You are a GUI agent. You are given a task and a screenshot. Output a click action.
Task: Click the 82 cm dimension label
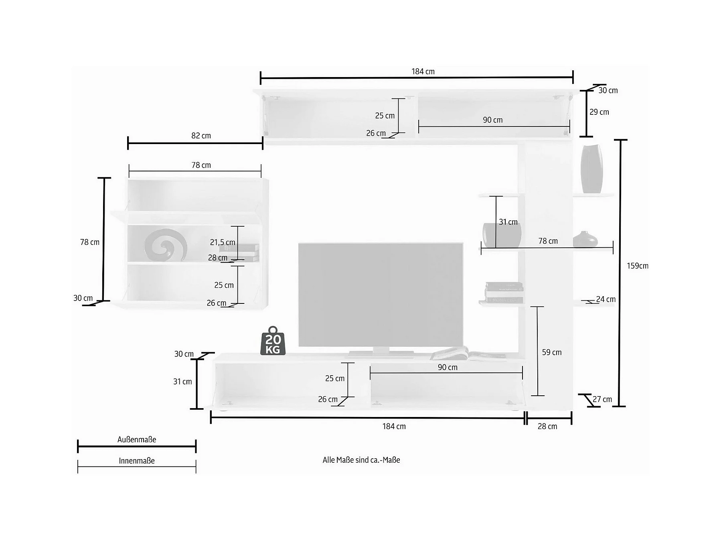point(201,136)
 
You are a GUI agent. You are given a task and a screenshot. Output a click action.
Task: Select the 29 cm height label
point(599,112)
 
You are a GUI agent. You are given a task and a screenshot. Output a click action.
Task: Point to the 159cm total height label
point(638,266)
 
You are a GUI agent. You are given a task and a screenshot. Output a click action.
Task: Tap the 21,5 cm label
point(223,242)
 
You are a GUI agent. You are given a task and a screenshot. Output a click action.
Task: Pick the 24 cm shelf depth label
point(606,299)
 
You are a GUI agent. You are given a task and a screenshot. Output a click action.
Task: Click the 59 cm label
point(552,352)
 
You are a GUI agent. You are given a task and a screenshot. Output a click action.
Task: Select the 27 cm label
point(602,399)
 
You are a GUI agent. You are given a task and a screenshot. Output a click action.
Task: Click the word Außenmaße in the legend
point(137,439)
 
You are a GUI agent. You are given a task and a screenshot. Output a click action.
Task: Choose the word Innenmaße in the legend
point(137,461)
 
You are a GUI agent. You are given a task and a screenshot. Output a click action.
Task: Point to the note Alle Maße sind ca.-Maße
point(361,460)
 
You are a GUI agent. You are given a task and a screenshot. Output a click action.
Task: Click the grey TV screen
point(381,295)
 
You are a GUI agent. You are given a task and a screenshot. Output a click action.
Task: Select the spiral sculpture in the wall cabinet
point(166,245)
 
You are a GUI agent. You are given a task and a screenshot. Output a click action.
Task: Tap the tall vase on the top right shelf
point(591,169)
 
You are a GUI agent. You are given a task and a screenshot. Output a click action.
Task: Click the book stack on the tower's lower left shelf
point(504,293)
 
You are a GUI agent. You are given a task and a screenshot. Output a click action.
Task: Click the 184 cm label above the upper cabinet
point(423,71)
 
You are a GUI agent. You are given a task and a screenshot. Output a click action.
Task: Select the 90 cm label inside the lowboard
point(448,367)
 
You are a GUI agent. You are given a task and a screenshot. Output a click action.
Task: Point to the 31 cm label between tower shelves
point(508,222)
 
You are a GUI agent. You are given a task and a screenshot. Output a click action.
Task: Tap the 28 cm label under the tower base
point(547,426)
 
